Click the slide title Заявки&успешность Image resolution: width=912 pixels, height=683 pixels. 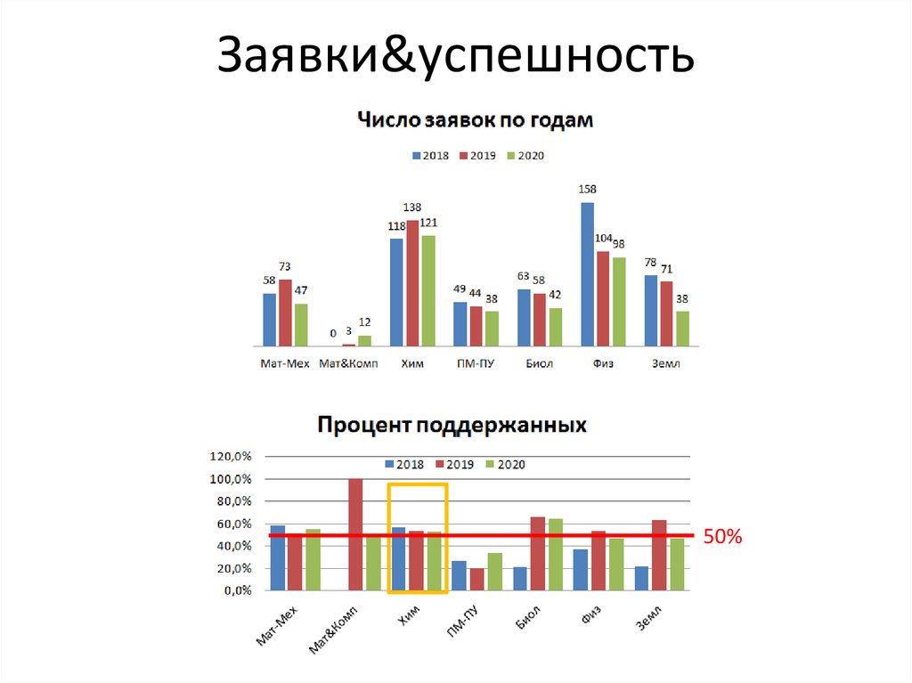pos(455,55)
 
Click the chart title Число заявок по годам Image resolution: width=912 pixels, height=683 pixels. pos(475,119)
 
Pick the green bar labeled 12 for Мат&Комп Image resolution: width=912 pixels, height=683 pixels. pos(364,340)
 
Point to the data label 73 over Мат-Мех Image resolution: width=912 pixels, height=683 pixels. pos(285,266)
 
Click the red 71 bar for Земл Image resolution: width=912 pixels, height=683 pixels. pos(666,313)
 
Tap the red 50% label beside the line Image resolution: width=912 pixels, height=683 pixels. pos(722,537)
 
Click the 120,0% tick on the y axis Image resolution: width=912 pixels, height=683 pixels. pos(231,457)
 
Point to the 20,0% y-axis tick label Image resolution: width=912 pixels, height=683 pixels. pos(232,568)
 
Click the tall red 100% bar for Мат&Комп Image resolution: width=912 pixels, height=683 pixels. pos(355,534)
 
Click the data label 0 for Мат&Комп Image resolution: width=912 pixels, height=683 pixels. pos(332,333)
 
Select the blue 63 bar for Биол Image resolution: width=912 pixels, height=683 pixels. pos(524,317)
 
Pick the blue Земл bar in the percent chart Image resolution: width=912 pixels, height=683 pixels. pos(641,578)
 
